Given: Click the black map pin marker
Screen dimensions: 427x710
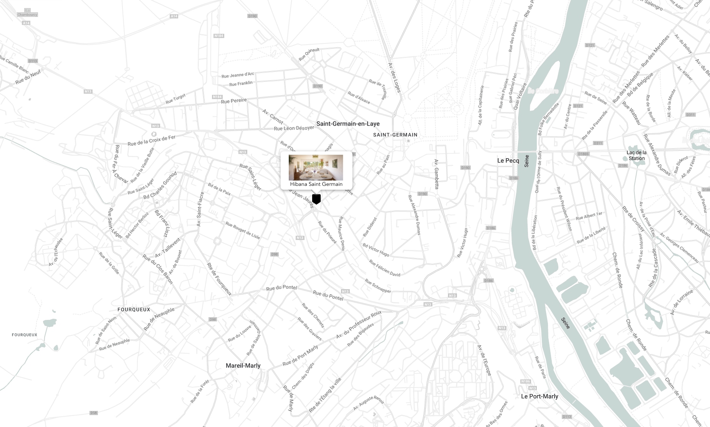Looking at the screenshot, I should click(x=316, y=199).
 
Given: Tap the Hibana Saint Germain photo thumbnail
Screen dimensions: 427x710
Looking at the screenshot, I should click(x=316, y=167).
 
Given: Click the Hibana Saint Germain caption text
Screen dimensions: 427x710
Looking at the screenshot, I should click(x=316, y=184).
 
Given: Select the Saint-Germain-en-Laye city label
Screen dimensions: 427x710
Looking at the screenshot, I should click(x=348, y=124).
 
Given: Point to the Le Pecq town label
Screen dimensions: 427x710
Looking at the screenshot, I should click(x=508, y=161).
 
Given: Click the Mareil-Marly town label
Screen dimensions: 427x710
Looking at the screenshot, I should click(x=243, y=366).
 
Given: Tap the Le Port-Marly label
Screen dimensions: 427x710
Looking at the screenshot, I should click(x=540, y=396).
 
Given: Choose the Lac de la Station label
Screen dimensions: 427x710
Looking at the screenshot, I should click(x=636, y=156).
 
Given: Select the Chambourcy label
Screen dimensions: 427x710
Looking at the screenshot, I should click(x=27, y=15).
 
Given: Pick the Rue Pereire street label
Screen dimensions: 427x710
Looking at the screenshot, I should click(x=234, y=101).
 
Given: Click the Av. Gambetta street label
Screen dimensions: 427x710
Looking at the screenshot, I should click(x=437, y=174).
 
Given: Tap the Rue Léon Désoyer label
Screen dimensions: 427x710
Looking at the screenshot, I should click(x=294, y=128).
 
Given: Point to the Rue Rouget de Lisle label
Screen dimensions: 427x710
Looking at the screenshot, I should click(x=243, y=230).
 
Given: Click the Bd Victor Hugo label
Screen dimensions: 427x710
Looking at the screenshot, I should click(x=376, y=250).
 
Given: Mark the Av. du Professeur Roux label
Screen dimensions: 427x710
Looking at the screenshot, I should click(x=359, y=325).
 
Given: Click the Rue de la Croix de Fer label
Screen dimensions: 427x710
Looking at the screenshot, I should click(x=151, y=141).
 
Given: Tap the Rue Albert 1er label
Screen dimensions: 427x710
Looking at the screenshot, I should click(x=589, y=216).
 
